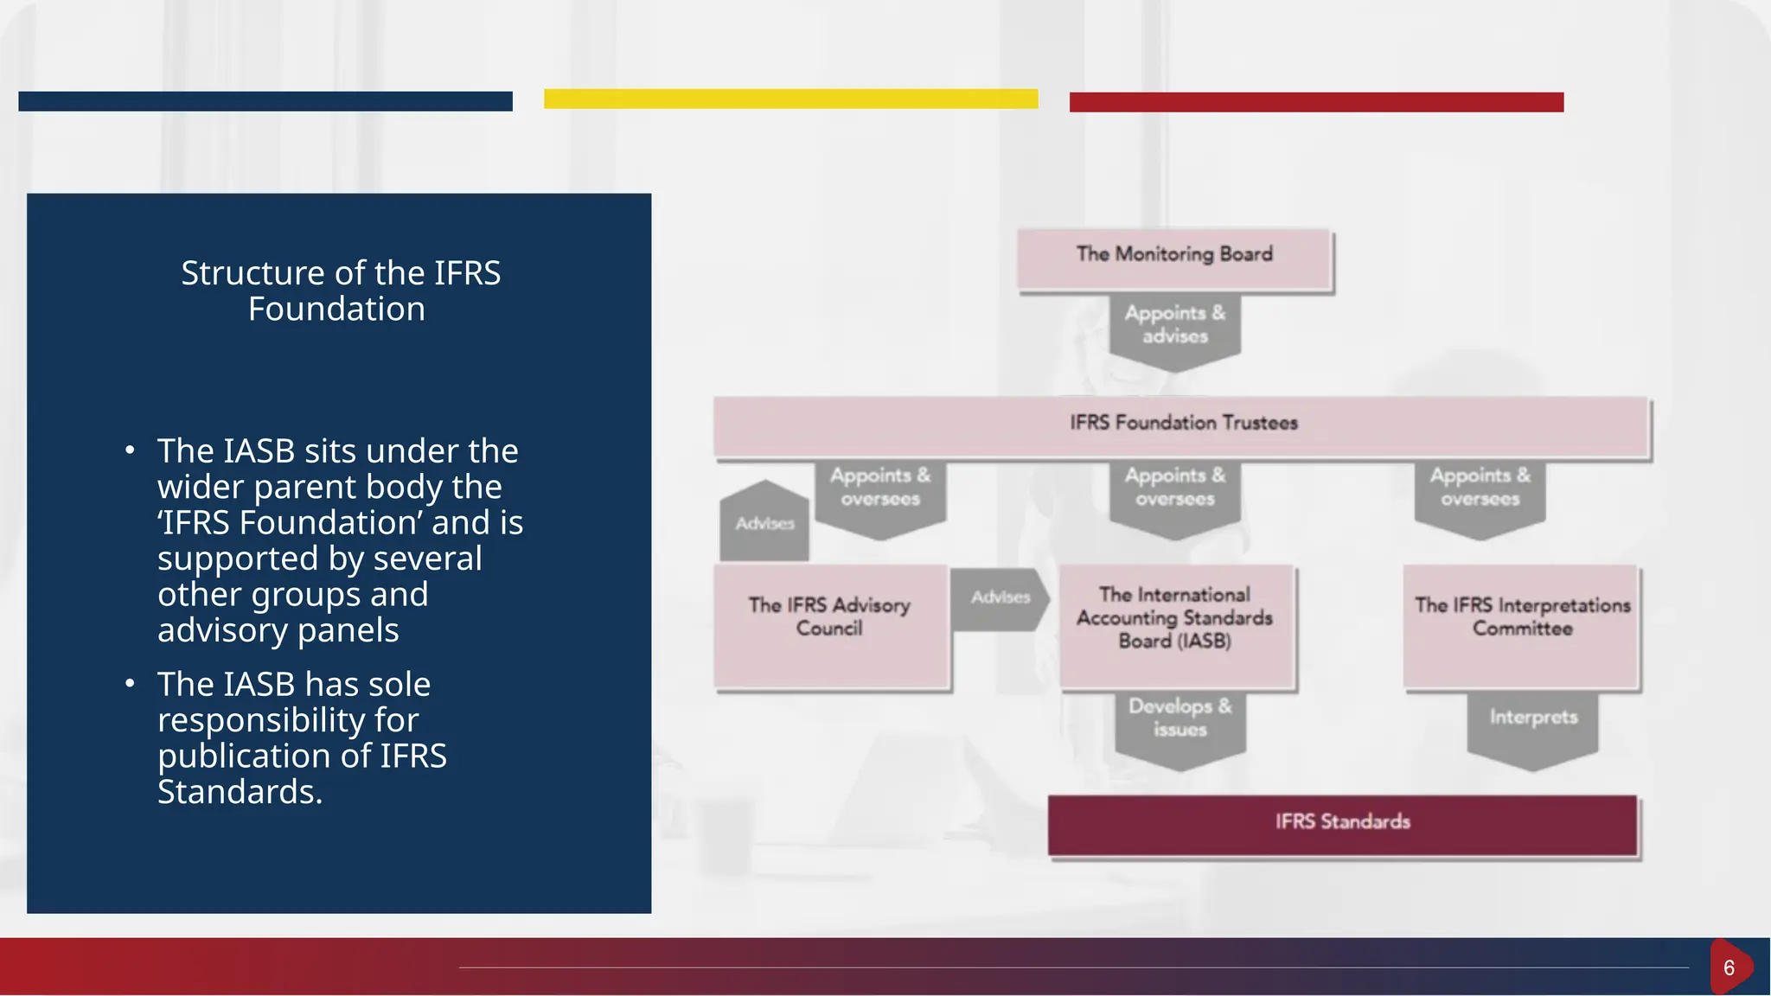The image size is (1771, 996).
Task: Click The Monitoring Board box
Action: pyautogui.click(x=1174, y=258)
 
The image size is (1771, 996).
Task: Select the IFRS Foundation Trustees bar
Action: pyautogui.click(x=1182, y=425)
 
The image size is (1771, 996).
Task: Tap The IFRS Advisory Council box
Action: pyautogui.click(x=830, y=626)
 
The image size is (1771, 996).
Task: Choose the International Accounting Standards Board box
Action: pyautogui.click(x=1175, y=626)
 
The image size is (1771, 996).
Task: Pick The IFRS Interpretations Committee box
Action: pyautogui.click(x=1521, y=626)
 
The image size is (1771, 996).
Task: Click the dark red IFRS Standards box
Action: pyautogui.click(x=1342, y=825)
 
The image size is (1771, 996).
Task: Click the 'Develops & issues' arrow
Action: pyautogui.click(x=1180, y=725)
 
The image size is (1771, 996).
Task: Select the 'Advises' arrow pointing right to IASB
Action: pyautogui.click(x=1000, y=598)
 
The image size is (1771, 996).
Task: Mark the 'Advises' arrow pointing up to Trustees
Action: pyautogui.click(x=764, y=522)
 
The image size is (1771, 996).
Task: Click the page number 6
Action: pyautogui.click(x=1729, y=967)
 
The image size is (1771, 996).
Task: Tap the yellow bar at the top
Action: pyautogui.click(x=790, y=99)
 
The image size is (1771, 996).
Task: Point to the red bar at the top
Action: pyautogui.click(x=1316, y=102)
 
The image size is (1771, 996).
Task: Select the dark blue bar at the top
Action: pyautogui.click(x=265, y=101)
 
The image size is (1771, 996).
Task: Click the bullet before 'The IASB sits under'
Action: pyautogui.click(x=130, y=450)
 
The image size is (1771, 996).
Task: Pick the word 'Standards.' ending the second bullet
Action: pyautogui.click(x=240, y=792)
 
